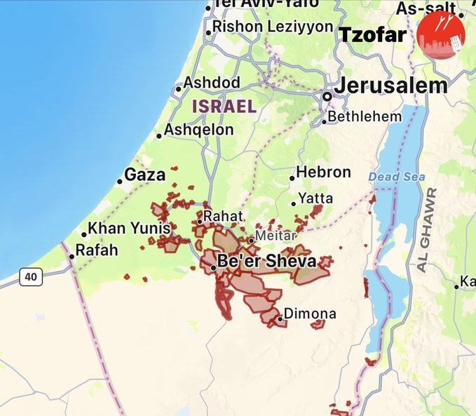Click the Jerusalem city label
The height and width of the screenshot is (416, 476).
click(390, 86)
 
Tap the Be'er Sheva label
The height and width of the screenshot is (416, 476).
click(266, 262)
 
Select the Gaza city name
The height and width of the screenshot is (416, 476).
click(145, 175)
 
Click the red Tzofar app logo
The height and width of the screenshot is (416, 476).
click(440, 34)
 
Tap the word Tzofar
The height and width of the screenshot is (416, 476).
click(373, 35)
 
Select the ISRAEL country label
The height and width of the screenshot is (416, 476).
click(224, 107)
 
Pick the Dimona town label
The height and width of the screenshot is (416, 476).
click(310, 314)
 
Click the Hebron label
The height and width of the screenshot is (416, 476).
click(323, 172)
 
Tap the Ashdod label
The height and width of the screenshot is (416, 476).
click(212, 83)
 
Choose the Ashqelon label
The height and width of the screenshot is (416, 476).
click(199, 130)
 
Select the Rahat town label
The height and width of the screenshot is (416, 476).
click(223, 216)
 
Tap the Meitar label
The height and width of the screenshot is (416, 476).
click(276, 236)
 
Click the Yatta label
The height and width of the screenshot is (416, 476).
click(315, 199)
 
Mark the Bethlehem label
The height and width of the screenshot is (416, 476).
click(365, 116)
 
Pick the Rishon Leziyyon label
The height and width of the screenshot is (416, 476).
click(273, 27)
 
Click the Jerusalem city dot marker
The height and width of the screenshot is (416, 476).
click(327, 96)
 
